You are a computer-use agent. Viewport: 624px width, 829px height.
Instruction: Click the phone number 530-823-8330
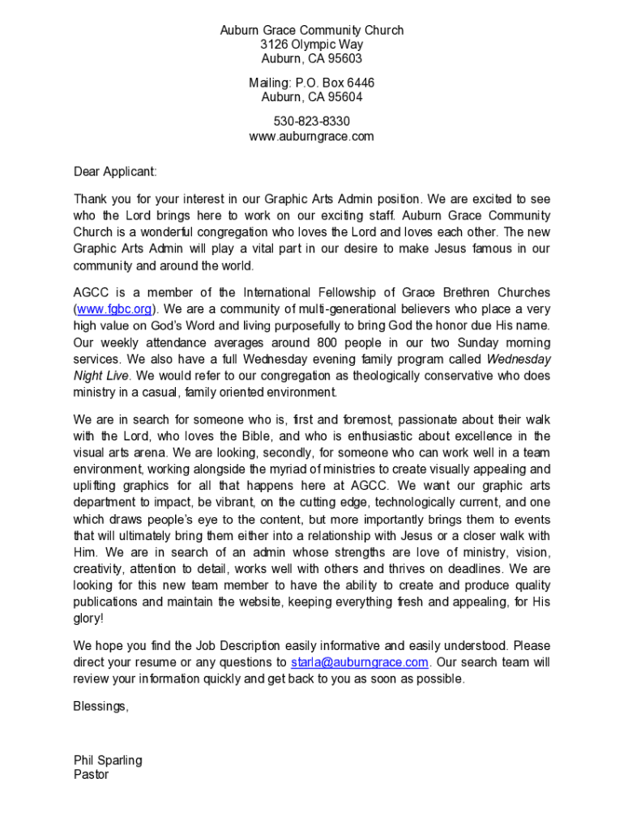click(311, 121)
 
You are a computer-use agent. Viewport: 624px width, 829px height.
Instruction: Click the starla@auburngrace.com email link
click(359, 662)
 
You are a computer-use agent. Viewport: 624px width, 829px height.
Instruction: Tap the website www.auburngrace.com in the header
click(311, 136)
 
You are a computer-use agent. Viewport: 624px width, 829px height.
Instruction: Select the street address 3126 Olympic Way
click(311, 45)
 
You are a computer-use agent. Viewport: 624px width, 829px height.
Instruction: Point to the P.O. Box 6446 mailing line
click(311, 83)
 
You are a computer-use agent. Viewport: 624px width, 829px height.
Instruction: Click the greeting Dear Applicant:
click(115, 172)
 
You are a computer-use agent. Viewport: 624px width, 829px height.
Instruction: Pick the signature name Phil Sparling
click(108, 760)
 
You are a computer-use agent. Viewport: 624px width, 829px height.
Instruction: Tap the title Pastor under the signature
click(91, 774)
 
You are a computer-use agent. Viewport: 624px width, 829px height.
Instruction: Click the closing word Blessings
click(100, 706)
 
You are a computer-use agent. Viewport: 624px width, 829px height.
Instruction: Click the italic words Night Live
click(102, 376)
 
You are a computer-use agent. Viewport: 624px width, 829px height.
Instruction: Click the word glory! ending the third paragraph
click(88, 619)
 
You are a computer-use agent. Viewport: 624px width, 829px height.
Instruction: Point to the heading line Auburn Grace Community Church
click(311, 31)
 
